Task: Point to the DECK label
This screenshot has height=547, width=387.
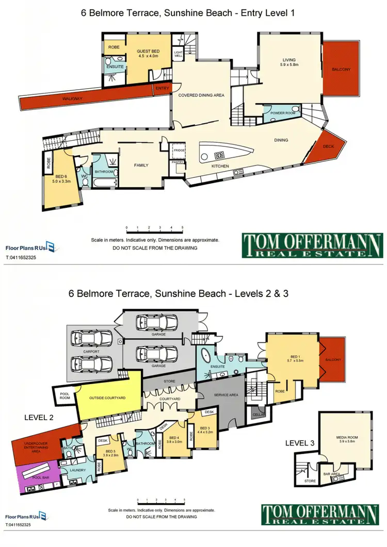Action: [328, 146]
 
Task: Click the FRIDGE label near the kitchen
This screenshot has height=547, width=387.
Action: [179, 150]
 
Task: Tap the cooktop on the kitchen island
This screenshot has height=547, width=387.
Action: [218, 154]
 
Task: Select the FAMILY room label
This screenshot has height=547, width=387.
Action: [141, 165]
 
